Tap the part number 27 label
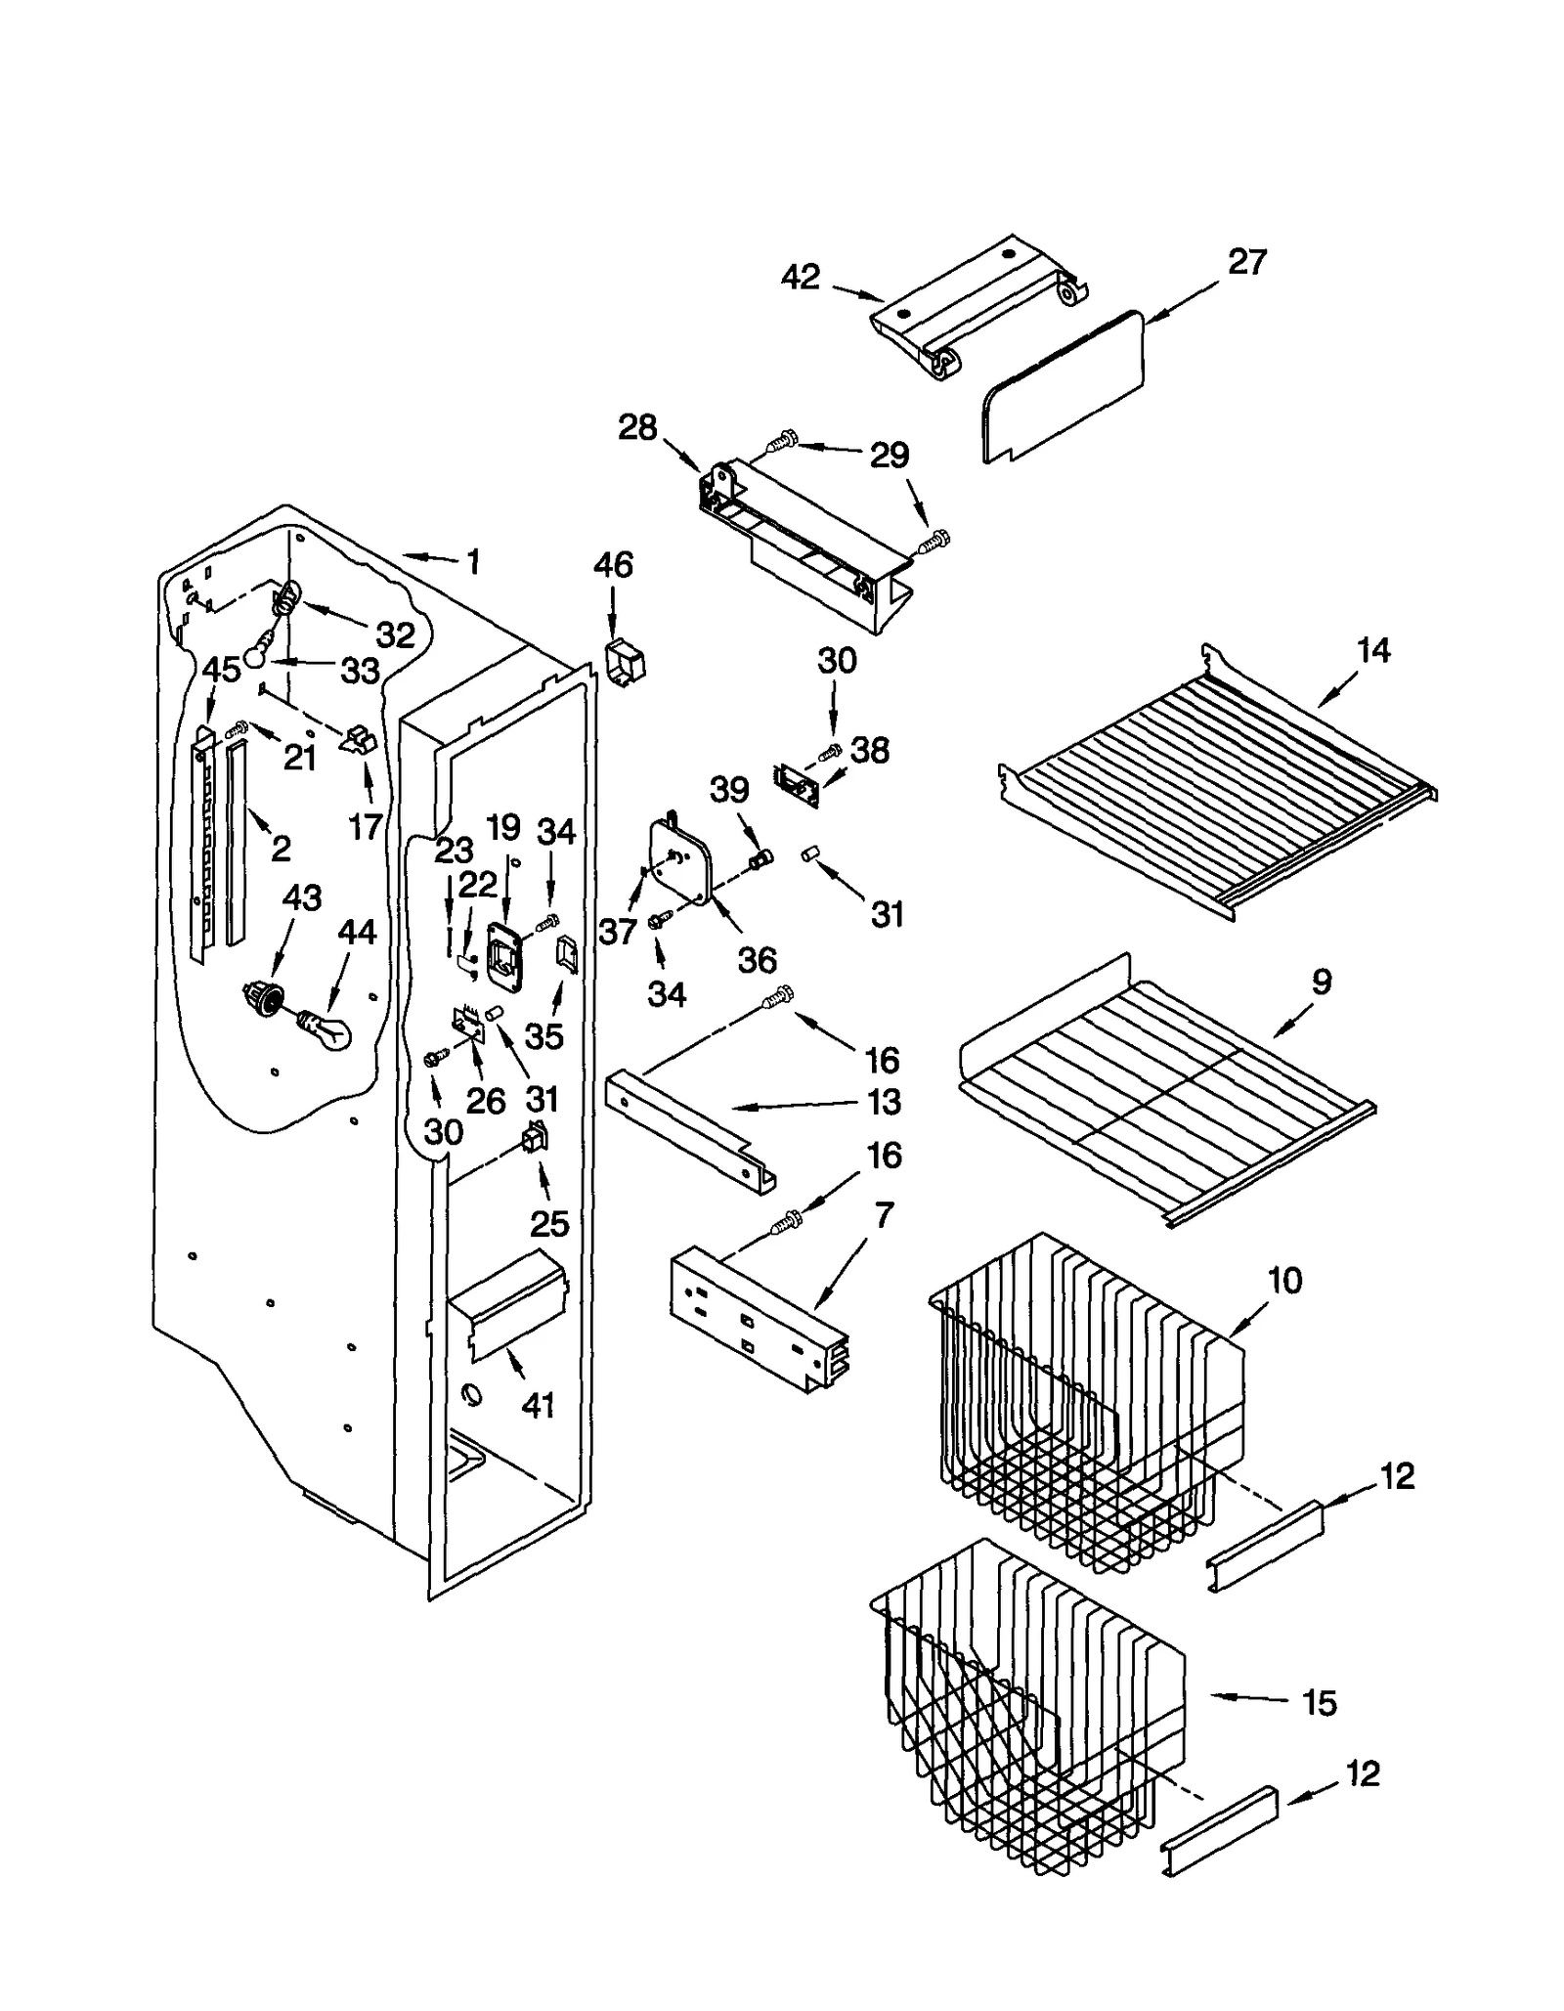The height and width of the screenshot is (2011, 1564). click(x=1246, y=263)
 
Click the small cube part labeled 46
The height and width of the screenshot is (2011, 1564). click(x=624, y=664)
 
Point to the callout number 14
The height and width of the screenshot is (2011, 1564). click(x=1372, y=650)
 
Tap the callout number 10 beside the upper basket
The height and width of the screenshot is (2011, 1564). click(x=1284, y=1280)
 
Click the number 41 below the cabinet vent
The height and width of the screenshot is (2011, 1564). click(x=538, y=1406)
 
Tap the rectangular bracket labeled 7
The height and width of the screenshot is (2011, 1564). click(x=758, y=1320)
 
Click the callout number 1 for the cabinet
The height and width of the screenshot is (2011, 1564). click(x=473, y=562)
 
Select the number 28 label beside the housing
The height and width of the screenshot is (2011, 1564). click(x=637, y=427)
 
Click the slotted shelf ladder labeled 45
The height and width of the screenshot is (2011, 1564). click(x=203, y=841)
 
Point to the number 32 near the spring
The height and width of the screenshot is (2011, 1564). click(x=395, y=635)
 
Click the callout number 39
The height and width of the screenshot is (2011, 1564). click(x=729, y=789)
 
